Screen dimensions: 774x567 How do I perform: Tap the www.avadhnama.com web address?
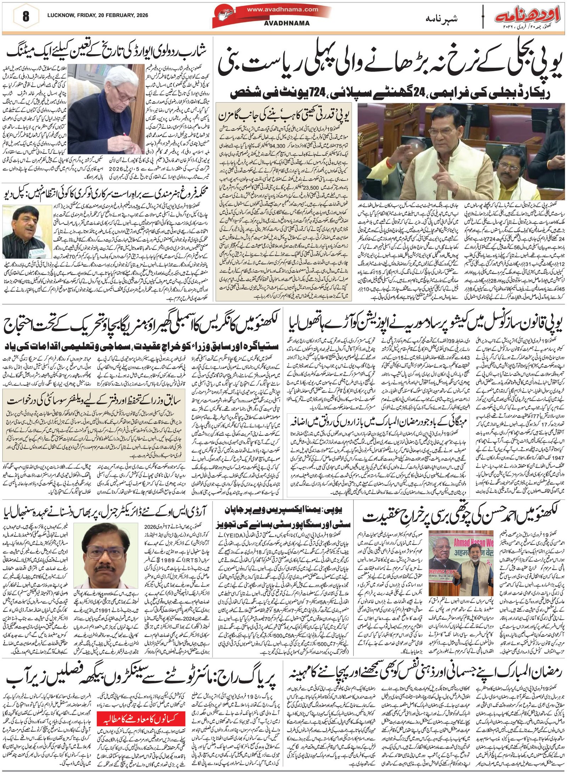pyautogui.click(x=287, y=10)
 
